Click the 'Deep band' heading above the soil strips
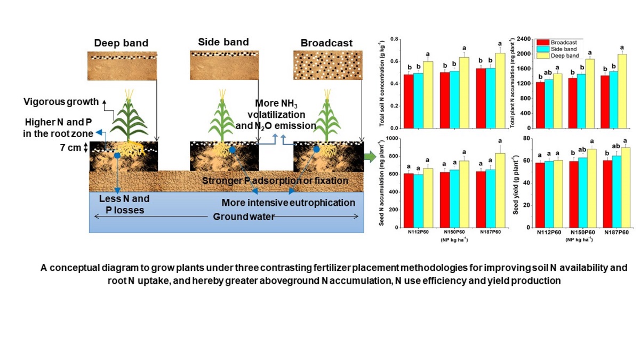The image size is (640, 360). (x=121, y=43)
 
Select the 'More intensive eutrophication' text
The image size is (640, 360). (x=288, y=203)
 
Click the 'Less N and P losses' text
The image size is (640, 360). (x=125, y=204)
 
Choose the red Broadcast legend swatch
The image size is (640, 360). (x=543, y=41)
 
